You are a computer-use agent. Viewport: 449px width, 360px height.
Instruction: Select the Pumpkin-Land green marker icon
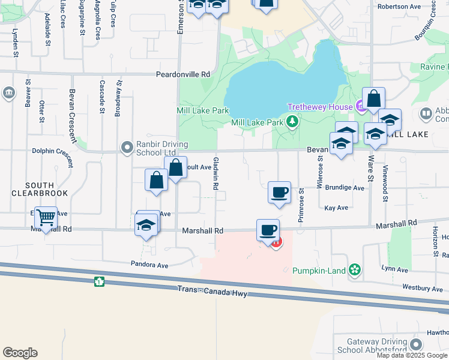click(x=355, y=270)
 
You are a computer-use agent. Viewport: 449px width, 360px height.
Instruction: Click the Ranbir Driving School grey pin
click(x=127, y=147)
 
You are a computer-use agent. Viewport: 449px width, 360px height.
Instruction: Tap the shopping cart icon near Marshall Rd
click(x=46, y=217)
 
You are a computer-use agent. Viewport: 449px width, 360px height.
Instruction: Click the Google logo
click(x=20, y=353)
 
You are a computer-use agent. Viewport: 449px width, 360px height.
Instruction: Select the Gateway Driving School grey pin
click(x=415, y=345)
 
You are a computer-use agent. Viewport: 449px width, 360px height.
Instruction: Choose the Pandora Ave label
click(x=150, y=264)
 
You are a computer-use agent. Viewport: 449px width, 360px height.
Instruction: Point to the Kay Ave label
click(x=336, y=208)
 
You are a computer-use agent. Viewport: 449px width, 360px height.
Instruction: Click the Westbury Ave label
click(x=423, y=289)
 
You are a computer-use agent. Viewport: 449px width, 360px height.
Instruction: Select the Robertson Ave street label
click(x=399, y=7)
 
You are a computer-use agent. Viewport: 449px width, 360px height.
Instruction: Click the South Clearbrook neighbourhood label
click(x=40, y=189)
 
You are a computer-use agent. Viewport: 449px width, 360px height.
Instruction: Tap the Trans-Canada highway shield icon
click(x=99, y=281)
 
